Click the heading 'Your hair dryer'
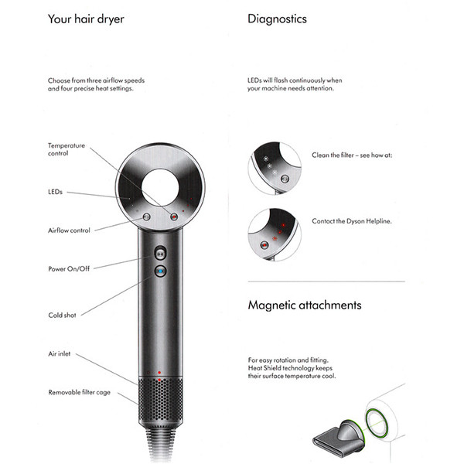click(x=86, y=19)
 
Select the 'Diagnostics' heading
click(x=277, y=19)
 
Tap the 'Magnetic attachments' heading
click(x=305, y=305)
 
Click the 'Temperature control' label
click(x=67, y=149)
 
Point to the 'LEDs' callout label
click(x=55, y=192)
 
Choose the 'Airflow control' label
click(x=69, y=230)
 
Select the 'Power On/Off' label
click(x=69, y=268)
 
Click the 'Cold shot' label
click(x=62, y=316)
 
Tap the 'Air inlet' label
click(x=60, y=353)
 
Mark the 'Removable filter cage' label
click(x=80, y=392)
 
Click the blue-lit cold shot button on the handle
click(x=160, y=271)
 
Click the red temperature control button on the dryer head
click(x=174, y=217)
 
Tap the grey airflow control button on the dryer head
click(x=146, y=217)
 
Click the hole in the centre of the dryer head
click(x=160, y=188)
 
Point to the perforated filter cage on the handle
click(x=160, y=400)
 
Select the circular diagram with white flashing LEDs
click(x=275, y=168)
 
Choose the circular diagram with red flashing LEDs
click(x=275, y=234)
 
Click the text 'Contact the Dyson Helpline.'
click(x=352, y=221)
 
